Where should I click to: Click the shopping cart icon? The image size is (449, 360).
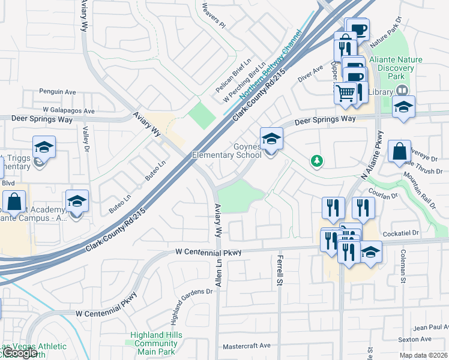(345, 93)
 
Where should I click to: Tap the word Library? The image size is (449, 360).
(380, 92)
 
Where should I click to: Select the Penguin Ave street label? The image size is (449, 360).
(58, 92)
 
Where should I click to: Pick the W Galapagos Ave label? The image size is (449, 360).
(68, 111)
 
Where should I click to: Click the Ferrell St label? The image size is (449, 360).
(280, 269)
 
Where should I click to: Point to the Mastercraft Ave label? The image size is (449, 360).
(247, 346)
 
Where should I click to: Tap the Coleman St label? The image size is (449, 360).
(403, 266)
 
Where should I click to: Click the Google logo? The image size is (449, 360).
(19, 353)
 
